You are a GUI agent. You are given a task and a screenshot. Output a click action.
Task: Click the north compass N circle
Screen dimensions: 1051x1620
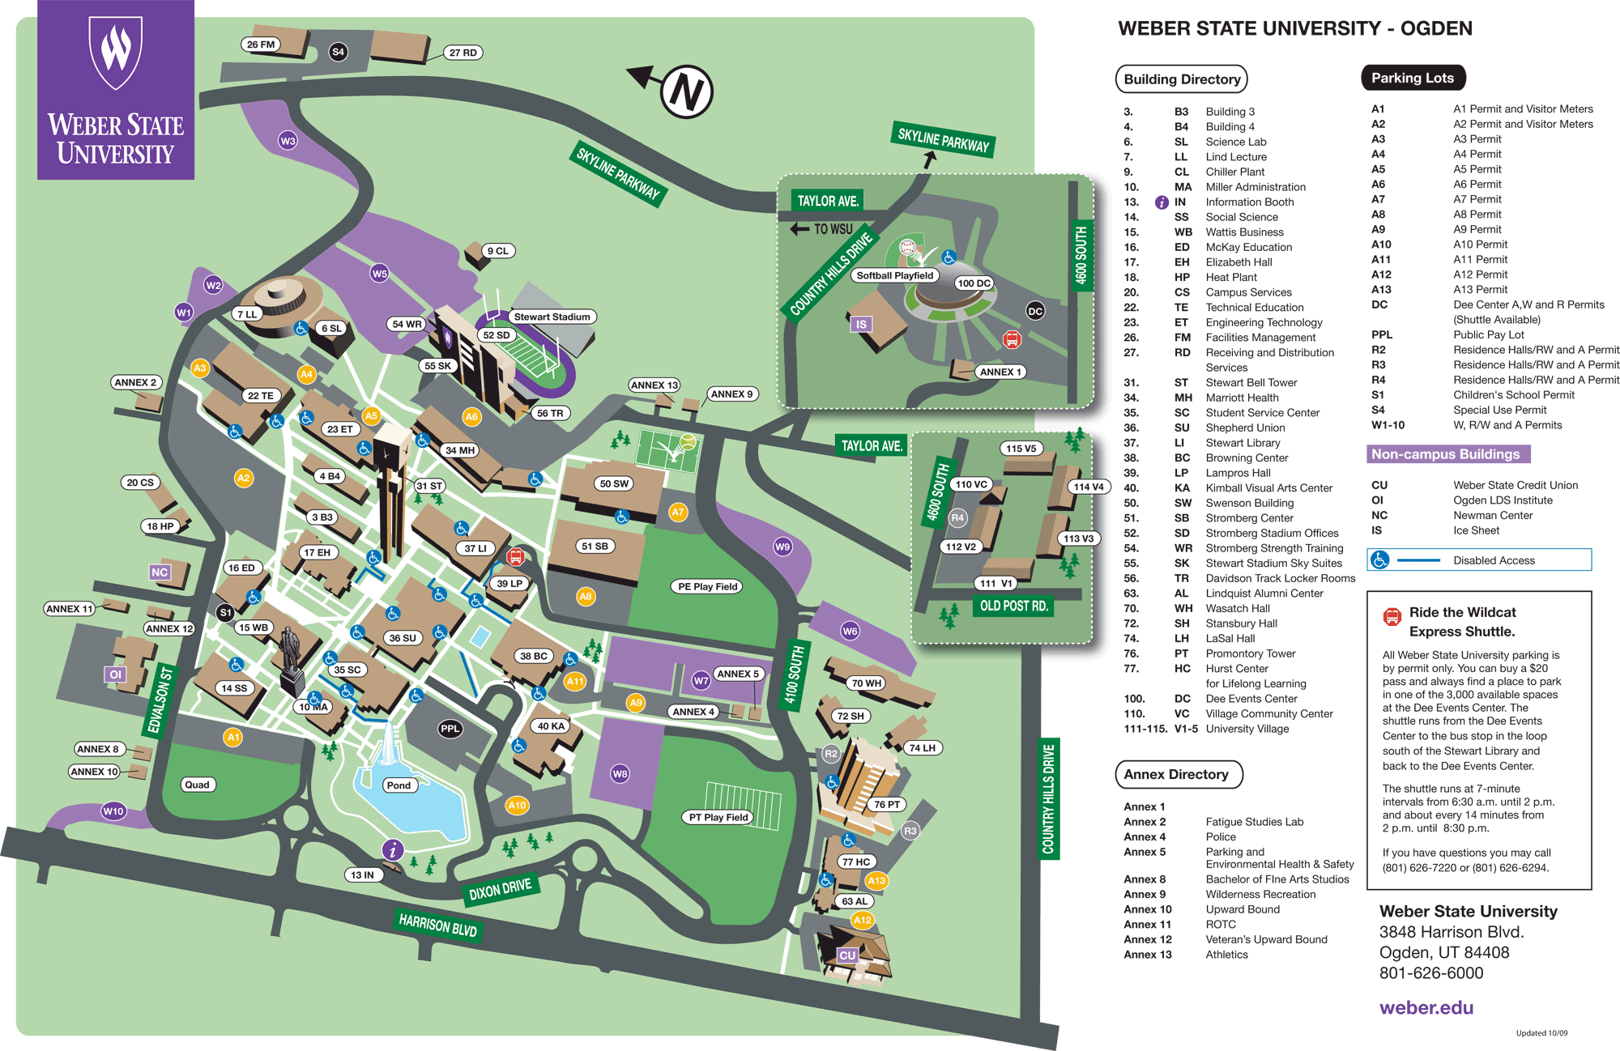[x=686, y=91]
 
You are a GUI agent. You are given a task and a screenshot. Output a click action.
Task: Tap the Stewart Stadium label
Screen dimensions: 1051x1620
[x=552, y=317]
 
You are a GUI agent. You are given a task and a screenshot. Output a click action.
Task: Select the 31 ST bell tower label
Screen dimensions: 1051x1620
[x=429, y=486]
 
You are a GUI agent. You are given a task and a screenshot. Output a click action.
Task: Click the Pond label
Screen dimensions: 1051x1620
[x=399, y=785]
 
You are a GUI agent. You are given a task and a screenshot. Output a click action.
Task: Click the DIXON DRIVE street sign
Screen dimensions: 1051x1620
[x=500, y=889]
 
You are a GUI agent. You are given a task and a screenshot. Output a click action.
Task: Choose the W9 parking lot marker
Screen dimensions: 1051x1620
[x=782, y=547]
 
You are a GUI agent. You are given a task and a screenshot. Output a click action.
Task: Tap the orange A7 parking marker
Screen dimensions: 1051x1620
[x=678, y=512]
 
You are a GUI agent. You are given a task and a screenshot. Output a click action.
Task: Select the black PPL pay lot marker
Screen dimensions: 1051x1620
[x=450, y=729]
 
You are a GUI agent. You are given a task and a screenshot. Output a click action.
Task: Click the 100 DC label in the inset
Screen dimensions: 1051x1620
[x=974, y=283]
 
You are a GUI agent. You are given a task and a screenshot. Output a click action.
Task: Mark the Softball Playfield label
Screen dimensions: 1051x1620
[x=894, y=275]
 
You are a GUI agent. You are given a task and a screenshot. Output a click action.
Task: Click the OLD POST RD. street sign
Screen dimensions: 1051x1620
[x=1013, y=606]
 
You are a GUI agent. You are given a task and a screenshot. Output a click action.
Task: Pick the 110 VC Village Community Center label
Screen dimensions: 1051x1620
[x=971, y=484]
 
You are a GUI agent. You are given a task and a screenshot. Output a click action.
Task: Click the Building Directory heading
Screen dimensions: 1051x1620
[x=1181, y=79]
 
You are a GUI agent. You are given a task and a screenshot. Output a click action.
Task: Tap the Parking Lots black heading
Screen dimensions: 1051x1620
[x=1413, y=78]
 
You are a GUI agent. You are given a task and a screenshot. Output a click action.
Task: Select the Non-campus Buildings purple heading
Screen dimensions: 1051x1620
[x=1446, y=454]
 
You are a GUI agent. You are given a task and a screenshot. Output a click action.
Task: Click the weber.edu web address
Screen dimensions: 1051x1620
[x=1426, y=1007]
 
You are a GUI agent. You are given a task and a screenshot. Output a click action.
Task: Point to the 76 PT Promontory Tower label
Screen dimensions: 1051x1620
[x=887, y=804]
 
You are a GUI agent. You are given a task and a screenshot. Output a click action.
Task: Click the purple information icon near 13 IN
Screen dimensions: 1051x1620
[x=393, y=849]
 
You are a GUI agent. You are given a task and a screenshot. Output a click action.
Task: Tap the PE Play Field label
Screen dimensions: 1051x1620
[x=708, y=586]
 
